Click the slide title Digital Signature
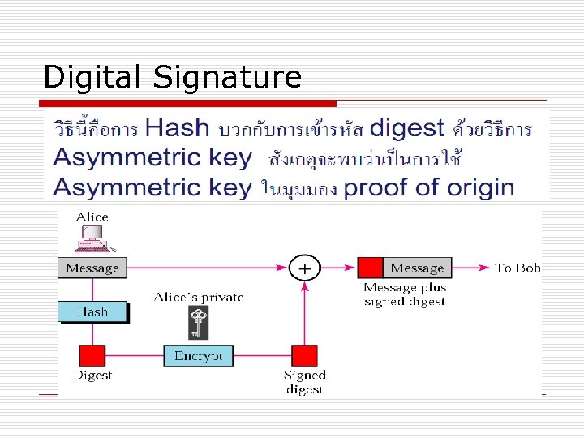tap(172, 77)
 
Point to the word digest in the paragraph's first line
tap(406, 128)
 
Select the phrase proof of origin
tap(429, 187)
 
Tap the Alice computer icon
tap(92, 237)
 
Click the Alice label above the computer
tap(92, 217)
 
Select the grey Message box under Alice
tap(92, 268)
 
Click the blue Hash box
tap(92, 311)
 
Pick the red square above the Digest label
tap(92, 355)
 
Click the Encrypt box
tap(199, 355)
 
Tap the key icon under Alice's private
tap(197, 323)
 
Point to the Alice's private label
tap(199, 297)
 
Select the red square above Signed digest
tap(304, 355)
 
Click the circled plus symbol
tap(304, 267)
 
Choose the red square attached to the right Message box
tap(371, 268)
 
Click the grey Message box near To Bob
tap(418, 268)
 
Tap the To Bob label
tap(517, 268)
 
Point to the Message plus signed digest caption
tap(405, 294)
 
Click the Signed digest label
tap(304, 381)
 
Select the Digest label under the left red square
tap(92, 376)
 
